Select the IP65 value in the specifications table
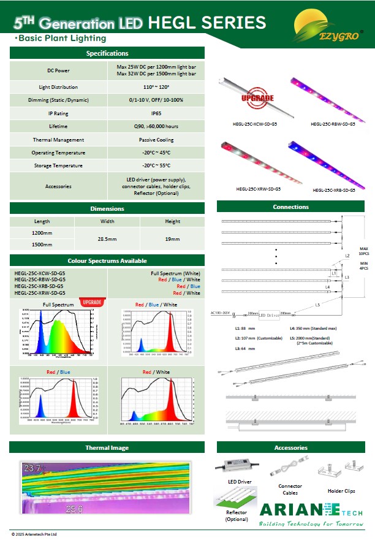(156, 113)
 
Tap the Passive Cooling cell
(156, 140)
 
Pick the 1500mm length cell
(42, 245)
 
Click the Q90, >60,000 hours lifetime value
(156, 126)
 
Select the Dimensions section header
(107, 208)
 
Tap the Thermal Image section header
(107, 447)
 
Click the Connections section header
(290, 207)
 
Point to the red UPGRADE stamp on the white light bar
(258, 98)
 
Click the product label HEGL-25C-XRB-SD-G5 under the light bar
(334, 191)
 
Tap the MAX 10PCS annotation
(364, 251)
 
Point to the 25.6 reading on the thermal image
(75, 509)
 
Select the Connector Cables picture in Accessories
(289, 469)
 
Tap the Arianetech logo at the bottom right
(312, 514)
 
